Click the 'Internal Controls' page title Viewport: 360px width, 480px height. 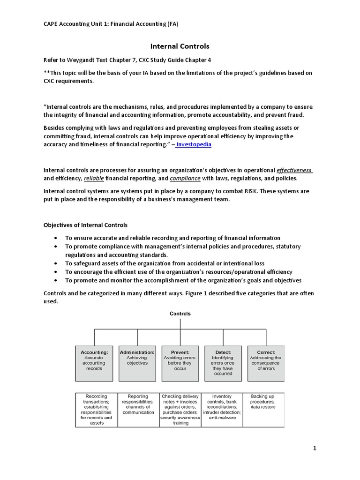(x=180, y=46)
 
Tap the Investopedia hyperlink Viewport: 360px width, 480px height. (x=195, y=144)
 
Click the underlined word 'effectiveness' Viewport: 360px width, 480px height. (x=294, y=170)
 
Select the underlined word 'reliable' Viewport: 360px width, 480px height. (x=94, y=179)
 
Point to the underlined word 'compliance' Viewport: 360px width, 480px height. (x=185, y=179)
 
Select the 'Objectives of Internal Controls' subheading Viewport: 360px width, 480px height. (x=85, y=225)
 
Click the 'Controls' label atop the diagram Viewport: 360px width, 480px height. (x=180, y=314)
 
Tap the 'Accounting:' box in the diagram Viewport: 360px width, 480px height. (x=94, y=363)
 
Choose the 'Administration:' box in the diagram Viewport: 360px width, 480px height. (x=137, y=363)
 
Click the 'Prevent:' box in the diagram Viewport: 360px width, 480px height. (x=180, y=363)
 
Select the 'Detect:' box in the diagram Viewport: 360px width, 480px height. (x=223, y=363)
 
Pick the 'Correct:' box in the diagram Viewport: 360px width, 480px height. (x=266, y=363)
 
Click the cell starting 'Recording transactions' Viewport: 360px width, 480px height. (x=96, y=409)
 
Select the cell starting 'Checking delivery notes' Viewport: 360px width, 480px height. (x=180, y=409)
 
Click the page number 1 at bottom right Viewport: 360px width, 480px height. (x=315, y=449)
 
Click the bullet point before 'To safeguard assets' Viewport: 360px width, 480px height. (x=56, y=263)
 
